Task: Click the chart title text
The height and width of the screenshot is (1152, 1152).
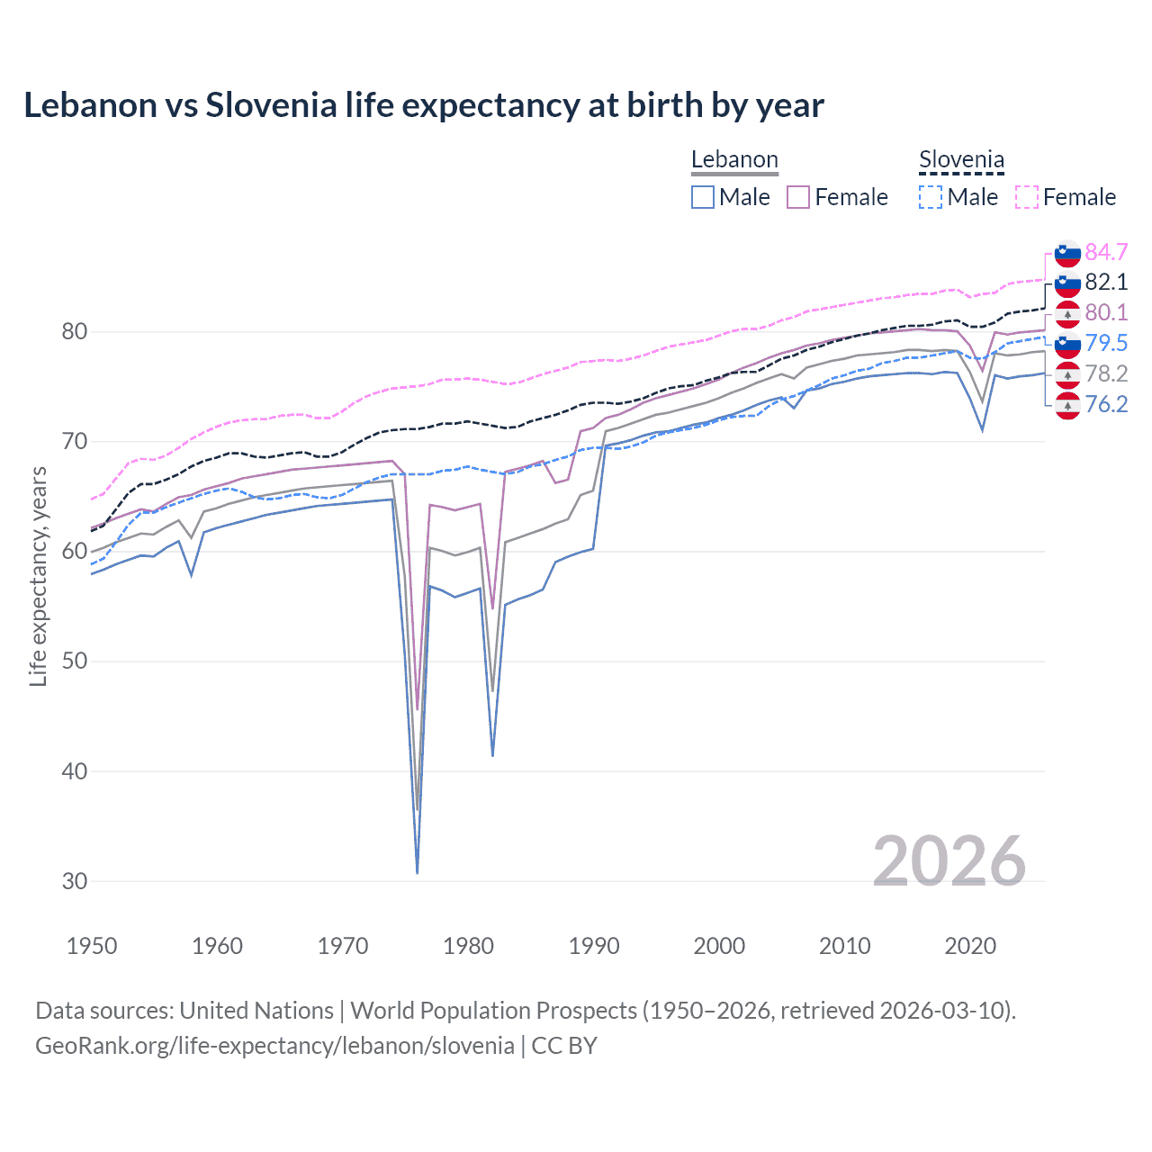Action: [x=423, y=105]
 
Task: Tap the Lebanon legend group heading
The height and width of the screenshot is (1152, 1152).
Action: [x=734, y=160]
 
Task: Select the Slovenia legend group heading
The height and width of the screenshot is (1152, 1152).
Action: [x=961, y=160]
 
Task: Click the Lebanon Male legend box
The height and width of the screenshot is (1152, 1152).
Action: [x=703, y=197]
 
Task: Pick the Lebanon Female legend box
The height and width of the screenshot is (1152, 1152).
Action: [x=798, y=197]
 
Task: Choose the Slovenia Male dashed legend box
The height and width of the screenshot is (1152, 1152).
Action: [x=931, y=197]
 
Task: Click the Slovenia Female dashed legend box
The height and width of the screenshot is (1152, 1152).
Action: [x=1027, y=197]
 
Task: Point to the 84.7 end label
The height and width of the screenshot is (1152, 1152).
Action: [x=1106, y=252]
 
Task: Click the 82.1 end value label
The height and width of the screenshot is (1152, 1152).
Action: [x=1106, y=283]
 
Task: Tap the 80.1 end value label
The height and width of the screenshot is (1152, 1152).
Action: [x=1106, y=313]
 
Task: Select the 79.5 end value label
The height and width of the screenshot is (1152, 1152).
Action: [x=1106, y=344]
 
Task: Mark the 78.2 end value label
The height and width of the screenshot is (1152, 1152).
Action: [x=1106, y=374]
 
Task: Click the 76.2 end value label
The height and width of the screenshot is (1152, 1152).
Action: [x=1106, y=405]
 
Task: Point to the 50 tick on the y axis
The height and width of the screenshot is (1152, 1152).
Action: [x=75, y=661]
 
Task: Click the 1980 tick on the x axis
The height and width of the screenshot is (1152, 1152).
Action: [x=468, y=946]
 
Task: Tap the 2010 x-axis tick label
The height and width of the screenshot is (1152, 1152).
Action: [x=844, y=946]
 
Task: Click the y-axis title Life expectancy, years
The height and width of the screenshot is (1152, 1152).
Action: [x=39, y=576]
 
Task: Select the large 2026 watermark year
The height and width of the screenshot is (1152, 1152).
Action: [x=949, y=862]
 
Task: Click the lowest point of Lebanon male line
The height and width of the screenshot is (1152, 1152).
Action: [x=418, y=872]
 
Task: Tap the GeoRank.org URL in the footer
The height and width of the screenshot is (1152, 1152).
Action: [x=274, y=1046]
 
